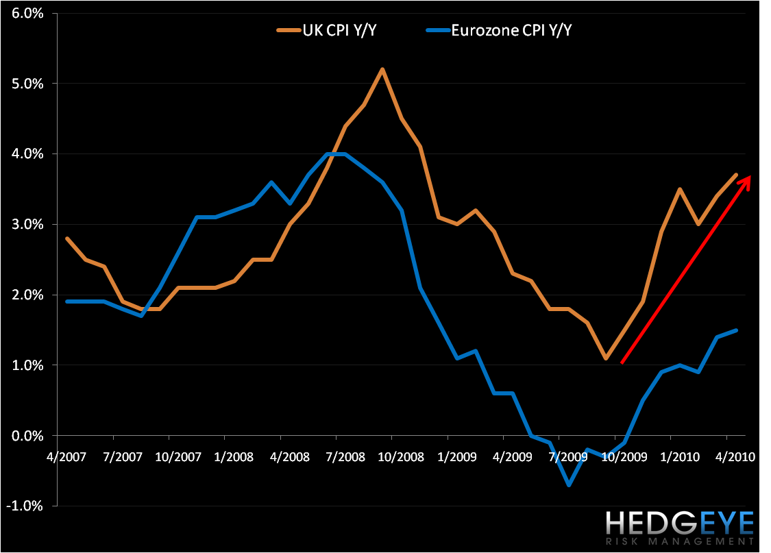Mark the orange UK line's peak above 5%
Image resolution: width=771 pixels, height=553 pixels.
382,69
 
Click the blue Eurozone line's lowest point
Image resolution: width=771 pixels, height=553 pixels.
569,485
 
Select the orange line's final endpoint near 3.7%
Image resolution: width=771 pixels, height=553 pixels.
736,175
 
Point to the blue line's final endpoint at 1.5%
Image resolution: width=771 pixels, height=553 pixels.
736,330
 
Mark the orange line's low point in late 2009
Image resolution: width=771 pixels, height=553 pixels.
606,358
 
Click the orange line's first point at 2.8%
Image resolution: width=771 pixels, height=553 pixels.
66,238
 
